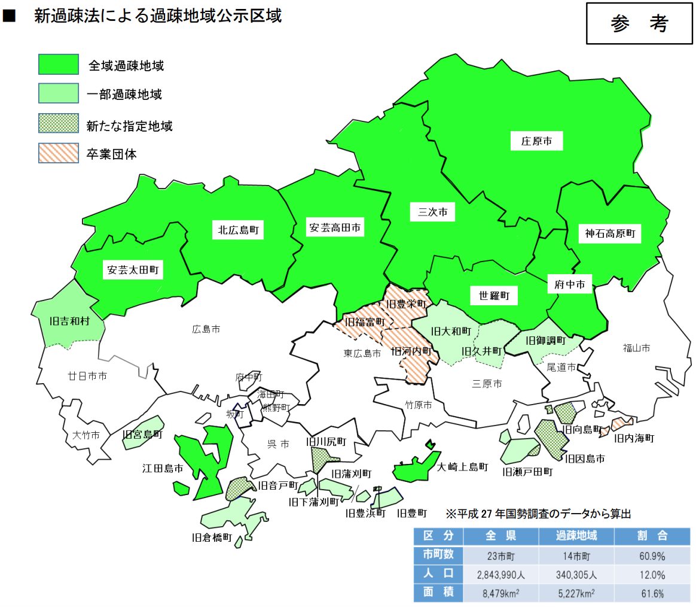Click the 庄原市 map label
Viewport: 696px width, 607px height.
pyautogui.click(x=536, y=142)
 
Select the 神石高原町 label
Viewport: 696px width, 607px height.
pyautogui.click(x=610, y=233)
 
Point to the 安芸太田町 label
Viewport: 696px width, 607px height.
pyautogui.click(x=133, y=270)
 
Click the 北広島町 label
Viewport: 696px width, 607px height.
pyautogui.click(x=238, y=230)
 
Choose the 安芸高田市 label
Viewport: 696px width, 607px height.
pyautogui.click(x=335, y=228)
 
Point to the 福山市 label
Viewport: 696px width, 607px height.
pyautogui.click(x=636, y=348)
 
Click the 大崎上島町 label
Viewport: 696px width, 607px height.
pyautogui.click(x=462, y=466)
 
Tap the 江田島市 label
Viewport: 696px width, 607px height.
pyautogui.click(x=163, y=468)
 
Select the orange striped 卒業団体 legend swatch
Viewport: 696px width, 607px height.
pyautogui.click(x=59, y=153)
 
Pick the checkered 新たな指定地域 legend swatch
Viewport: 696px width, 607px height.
pyautogui.click(x=59, y=124)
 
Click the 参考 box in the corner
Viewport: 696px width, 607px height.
pyautogui.click(x=639, y=23)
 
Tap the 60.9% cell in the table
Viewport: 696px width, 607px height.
pyautogui.click(x=651, y=557)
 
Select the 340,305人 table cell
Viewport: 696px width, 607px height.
pyautogui.click(x=577, y=575)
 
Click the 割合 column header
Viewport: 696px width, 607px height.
pyautogui.click(x=651, y=535)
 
